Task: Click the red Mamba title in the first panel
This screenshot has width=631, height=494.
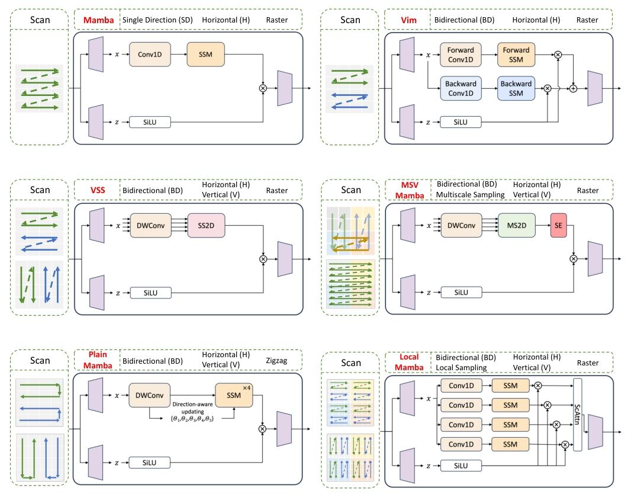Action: point(97,20)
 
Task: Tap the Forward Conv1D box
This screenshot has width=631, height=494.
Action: point(461,54)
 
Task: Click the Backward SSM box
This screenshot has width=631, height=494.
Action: point(516,88)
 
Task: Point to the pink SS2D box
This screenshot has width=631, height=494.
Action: point(207,225)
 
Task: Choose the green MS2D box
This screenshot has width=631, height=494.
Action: point(517,225)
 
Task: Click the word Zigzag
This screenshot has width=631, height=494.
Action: point(276,361)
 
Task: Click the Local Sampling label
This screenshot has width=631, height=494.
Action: point(461,367)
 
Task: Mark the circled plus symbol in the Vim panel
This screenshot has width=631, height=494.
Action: point(573,88)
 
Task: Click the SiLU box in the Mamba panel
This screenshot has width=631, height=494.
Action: point(150,122)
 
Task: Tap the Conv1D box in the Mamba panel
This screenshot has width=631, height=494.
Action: point(149,54)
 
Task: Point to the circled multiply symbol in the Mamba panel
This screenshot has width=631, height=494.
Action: point(263,88)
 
